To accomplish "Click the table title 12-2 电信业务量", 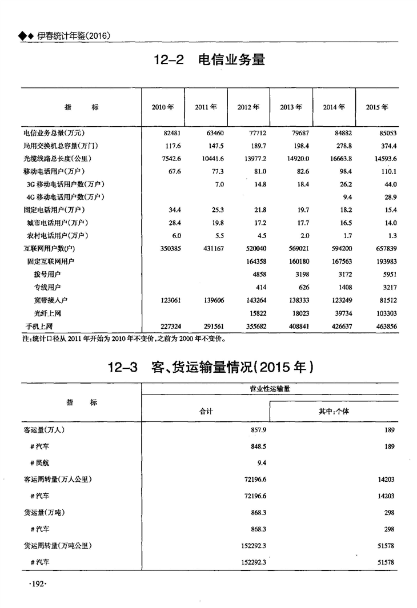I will pyautogui.click(x=210, y=59).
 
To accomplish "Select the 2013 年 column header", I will pyautogui.click(x=291, y=107).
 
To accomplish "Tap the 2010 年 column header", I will pyautogui.click(x=163, y=107).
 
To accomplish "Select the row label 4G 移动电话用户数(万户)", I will pyautogui.click(x=65, y=197).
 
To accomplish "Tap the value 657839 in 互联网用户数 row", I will pyautogui.click(x=384, y=249).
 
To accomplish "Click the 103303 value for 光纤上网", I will pyautogui.click(x=384, y=313).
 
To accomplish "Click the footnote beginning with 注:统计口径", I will pyautogui.click(x=123, y=337).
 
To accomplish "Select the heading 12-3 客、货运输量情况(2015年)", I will pyautogui.click(x=211, y=367).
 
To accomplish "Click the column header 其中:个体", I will pyautogui.click(x=334, y=411).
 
